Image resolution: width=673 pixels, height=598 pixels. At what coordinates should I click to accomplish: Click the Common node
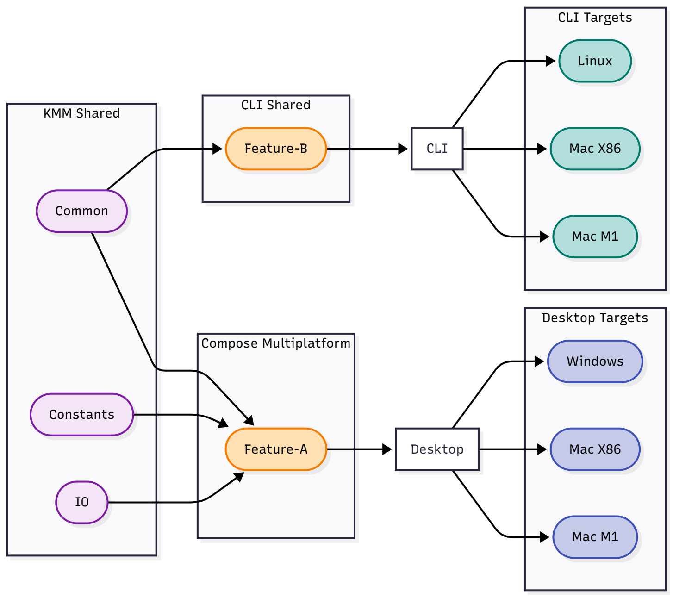pyautogui.click(x=81, y=211)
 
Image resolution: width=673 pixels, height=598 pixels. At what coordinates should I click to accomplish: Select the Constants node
pyautogui.click(x=81, y=415)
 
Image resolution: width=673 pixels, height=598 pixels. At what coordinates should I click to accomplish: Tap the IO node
pyautogui.click(x=81, y=502)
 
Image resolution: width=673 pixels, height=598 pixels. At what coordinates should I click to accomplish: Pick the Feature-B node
pyautogui.click(x=276, y=149)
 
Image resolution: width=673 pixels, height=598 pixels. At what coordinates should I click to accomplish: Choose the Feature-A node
pyautogui.click(x=276, y=449)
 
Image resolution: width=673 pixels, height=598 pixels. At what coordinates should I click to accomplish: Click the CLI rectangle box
pyautogui.click(x=437, y=149)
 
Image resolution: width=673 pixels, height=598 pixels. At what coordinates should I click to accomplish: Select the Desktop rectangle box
pyautogui.click(x=437, y=449)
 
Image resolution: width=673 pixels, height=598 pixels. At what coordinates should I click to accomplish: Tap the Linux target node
pyautogui.click(x=595, y=61)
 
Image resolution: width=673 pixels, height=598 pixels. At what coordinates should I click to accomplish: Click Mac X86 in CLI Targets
pyautogui.click(x=595, y=149)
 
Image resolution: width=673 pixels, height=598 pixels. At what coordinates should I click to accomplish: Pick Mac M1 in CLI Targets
pyautogui.click(x=595, y=237)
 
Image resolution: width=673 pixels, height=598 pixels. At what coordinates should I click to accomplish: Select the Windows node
pyautogui.click(x=595, y=361)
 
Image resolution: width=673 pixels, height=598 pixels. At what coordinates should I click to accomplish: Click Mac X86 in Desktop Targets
pyautogui.click(x=595, y=449)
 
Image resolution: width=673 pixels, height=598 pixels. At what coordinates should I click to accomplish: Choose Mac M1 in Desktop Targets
pyautogui.click(x=595, y=537)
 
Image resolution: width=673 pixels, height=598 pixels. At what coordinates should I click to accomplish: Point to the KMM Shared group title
pyautogui.click(x=81, y=113)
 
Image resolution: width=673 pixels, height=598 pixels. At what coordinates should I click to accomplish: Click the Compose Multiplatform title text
pyautogui.click(x=276, y=343)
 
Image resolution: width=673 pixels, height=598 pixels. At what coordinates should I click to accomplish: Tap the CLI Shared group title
pyautogui.click(x=276, y=105)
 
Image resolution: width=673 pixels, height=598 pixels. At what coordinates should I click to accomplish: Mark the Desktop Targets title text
pyautogui.click(x=595, y=318)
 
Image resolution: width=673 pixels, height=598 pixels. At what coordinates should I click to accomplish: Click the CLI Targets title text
pyautogui.click(x=595, y=18)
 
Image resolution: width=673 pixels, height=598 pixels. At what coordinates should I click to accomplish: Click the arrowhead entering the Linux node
pyautogui.click(x=551, y=61)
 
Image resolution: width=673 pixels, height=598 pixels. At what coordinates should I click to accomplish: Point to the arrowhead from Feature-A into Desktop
pyautogui.click(x=387, y=449)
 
